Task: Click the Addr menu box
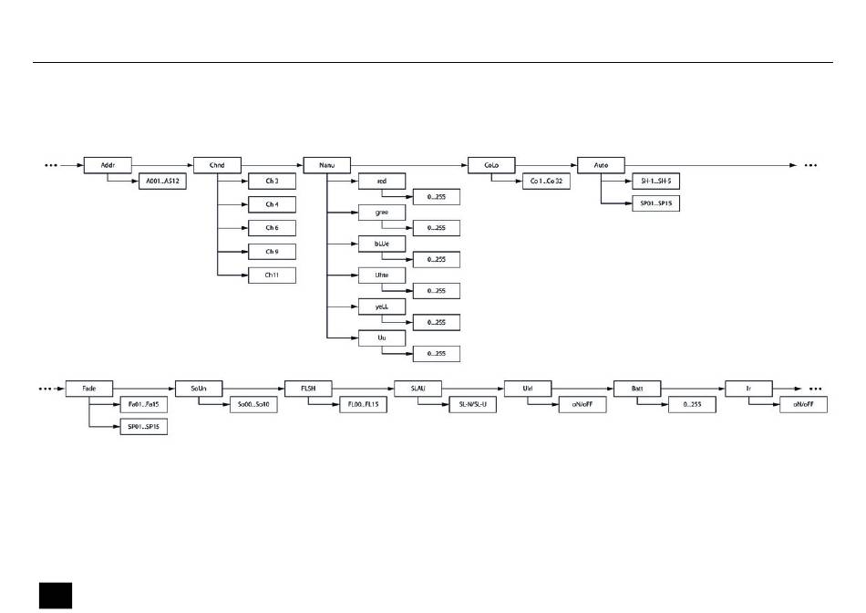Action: [x=108, y=165]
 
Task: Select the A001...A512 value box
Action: [x=162, y=181]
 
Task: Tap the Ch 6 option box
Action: [x=272, y=227]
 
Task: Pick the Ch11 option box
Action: [x=272, y=275]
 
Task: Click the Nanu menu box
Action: [x=326, y=165]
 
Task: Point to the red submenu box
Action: [x=381, y=181]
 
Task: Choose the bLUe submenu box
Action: [x=381, y=243]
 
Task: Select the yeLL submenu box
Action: [x=381, y=306]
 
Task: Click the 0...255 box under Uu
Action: [x=436, y=353]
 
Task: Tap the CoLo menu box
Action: [x=491, y=165]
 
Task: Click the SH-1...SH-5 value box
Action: [x=655, y=181]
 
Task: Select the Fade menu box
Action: [x=88, y=388]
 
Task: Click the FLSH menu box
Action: [x=307, y=388]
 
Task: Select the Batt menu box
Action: [x=636, y=388]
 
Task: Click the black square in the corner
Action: [x=55, y=593]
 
